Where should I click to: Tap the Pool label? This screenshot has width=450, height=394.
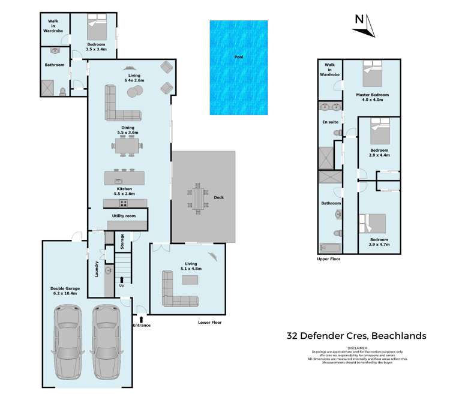point(239,58)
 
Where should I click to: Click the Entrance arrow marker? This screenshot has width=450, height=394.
point(141,318)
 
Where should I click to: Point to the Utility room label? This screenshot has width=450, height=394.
point(124,215)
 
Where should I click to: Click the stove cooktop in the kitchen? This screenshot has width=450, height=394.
point(114,203)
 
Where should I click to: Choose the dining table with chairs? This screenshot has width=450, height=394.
point(128,145)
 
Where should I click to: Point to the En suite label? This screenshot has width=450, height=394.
point(330,122)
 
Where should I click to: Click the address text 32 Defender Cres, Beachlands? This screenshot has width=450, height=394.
point(356,336)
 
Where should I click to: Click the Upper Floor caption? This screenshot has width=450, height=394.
point(329,259)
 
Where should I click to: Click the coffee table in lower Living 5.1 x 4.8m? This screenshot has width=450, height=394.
point(190,279)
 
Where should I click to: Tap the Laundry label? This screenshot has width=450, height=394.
point(95,267)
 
